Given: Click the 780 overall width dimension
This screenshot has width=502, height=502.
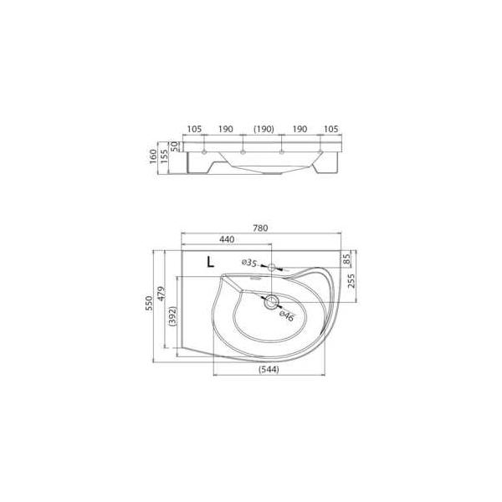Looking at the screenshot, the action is click(x=260, y=228).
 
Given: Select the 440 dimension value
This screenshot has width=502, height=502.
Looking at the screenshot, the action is click(x=227, y=239).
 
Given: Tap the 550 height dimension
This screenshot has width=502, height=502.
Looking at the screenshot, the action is click(x=149, y=303).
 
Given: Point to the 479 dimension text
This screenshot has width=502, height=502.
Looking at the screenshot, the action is click(x=162, y=294).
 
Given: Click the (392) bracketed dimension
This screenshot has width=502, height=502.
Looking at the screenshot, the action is click(x=172, y=316).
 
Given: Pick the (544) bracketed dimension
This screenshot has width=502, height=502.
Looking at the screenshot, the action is click(x=269, y=369).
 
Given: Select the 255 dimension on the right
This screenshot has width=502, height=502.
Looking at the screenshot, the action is click(x=351, y=281).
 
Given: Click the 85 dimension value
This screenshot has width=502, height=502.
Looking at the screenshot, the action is click(x=346, y=259).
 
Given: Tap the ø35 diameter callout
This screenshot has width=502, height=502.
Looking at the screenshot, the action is click(x=249, y=263).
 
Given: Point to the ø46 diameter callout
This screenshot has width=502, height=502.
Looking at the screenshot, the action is click(x=286, y=316).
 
